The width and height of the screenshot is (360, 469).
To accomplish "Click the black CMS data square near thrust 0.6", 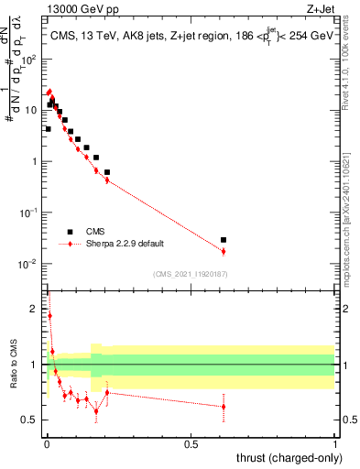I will tap(224, 240).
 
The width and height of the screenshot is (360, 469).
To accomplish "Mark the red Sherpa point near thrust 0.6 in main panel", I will tap(224, 251).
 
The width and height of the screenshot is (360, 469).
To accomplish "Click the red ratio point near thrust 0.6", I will tap(224, 407).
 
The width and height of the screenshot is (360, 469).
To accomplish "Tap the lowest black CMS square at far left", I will tap(48, 129).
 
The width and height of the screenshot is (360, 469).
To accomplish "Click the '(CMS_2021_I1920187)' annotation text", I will tap(191, 274).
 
